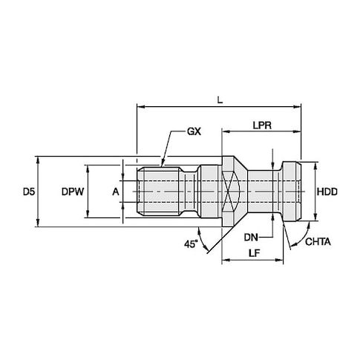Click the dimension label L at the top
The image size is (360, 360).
point(220,100)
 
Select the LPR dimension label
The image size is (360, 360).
point(262,125)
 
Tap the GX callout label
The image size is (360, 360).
point(194,131)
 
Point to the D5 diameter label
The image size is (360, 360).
point(29,192)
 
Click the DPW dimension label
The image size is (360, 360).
point(73,192)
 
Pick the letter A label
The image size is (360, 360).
point(116,192)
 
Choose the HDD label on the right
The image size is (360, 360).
point(327,192)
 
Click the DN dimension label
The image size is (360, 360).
point(251,238)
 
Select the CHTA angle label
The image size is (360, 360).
point(318,242)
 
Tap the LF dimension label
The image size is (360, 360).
point(254,253)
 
